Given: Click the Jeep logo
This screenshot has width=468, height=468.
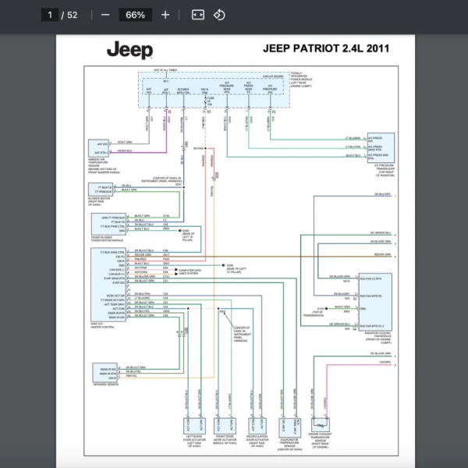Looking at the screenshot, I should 129,51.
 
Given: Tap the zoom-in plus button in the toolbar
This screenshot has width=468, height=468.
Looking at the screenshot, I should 165,15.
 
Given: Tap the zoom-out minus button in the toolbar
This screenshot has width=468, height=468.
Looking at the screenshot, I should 105,15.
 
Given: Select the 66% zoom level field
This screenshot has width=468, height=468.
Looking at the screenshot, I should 135,15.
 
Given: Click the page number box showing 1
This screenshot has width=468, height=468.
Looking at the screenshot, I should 51,15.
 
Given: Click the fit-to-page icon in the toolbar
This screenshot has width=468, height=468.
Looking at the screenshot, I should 197,15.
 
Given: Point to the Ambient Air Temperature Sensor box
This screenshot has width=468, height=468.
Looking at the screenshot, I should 104,148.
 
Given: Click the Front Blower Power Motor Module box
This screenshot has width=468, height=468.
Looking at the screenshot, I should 108,222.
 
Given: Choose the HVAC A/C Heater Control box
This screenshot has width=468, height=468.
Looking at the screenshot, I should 108,285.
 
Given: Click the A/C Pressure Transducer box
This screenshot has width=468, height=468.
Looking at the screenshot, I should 381,146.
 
